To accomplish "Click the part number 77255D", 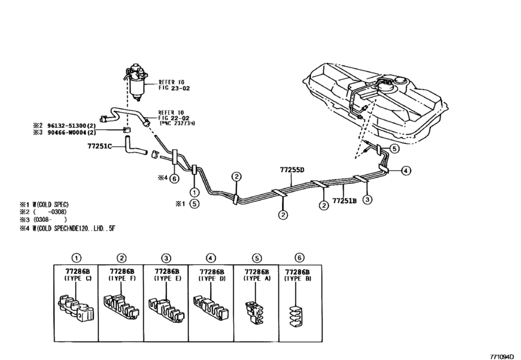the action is (x=292, y=170).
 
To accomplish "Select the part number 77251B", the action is (x=344, y=201).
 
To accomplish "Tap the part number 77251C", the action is (x=100, y=146).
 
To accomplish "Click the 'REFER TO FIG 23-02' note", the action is (x=174, y=85).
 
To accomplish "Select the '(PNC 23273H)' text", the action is (x=177, y=123).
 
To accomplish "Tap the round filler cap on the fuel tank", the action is (x=401, y=81).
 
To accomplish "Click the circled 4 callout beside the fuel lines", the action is (x=406, y=171).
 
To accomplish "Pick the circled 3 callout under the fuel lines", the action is (x=367, y=199).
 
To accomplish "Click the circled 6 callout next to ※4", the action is (x=174, y=179).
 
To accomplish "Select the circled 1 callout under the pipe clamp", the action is (x=194, y=192).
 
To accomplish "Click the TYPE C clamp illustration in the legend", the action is (x=76, y=308).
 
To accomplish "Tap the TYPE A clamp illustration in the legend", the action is (x=254, y=312).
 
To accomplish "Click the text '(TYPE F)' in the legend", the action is (x=122, y=278).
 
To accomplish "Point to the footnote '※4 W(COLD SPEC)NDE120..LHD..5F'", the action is (x=67, y=228).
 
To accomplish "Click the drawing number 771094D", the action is (x=504, y=356).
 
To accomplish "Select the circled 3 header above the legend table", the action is (x=166, y=258).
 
